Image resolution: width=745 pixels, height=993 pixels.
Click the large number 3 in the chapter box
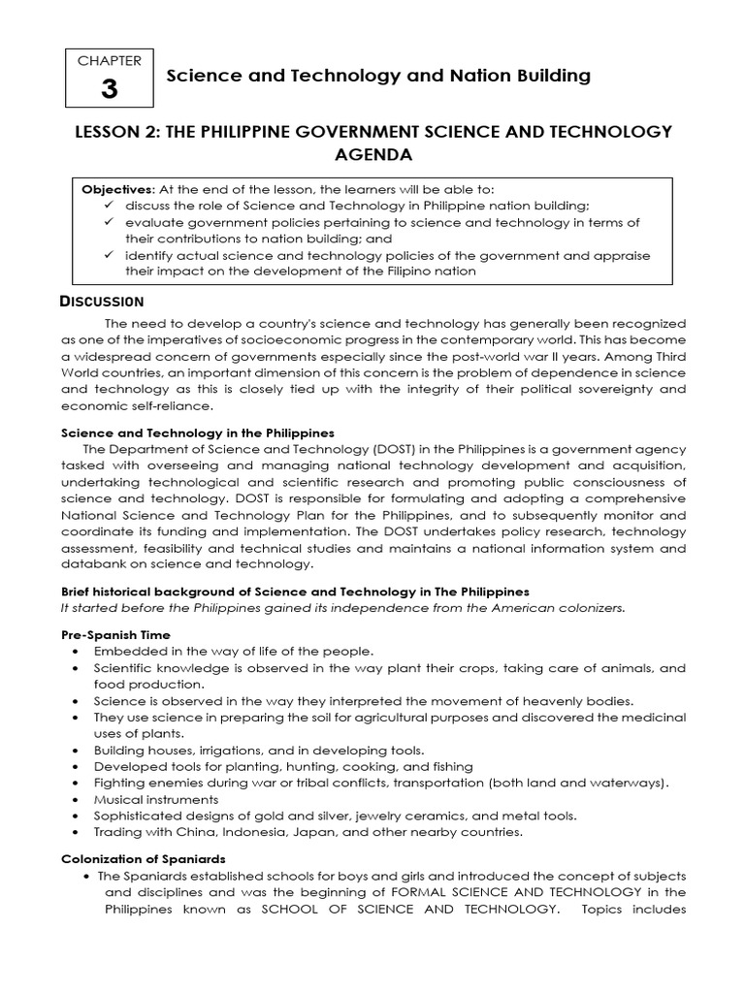(109, 89)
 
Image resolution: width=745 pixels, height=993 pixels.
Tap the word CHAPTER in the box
(109, 60)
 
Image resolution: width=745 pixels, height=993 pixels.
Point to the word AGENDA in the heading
(372, 155)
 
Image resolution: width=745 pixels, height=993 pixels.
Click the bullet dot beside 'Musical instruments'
(76, 800)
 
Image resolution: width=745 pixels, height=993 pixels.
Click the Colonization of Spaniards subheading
(143, 858)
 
